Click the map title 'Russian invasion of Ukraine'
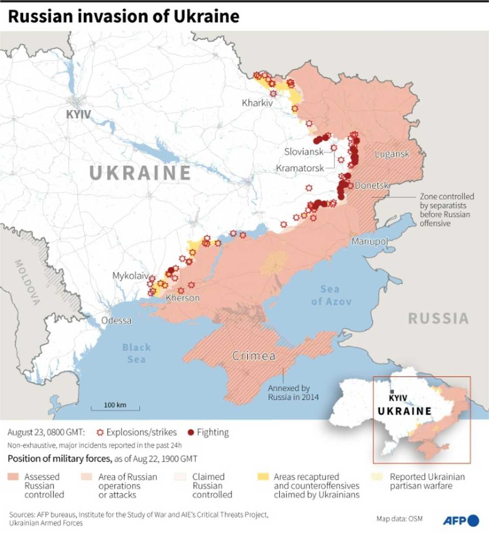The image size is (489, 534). click(x=124, y=17)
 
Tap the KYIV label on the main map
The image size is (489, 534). click(x=79, y=114)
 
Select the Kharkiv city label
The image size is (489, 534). click(x=257, y=103)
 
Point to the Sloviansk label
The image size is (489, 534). click(x=304, y=152)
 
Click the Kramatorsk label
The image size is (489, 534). click(x=300, y=168)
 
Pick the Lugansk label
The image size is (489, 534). click(x=392, y=154)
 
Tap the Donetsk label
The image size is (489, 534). click(x=372, y=185)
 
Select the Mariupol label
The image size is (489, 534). click(x=369, y=241)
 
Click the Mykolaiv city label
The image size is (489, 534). click(x=130, y=276)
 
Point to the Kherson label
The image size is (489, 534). click(x=183, y=298)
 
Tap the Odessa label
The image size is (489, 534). click(x=116, y=321)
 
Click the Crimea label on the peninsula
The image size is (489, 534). click(x=254, y=356)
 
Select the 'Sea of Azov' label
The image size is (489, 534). click(x=331, y=295)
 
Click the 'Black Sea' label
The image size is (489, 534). click(x=136, y=353)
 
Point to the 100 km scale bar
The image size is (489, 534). click(x=115, y=408)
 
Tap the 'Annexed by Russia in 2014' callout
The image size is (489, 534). click(x=293, y=393)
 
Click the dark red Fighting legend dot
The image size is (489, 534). click(x=190, y=432)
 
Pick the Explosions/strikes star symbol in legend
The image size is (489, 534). click(x=100, y=432)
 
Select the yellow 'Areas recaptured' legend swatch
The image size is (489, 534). click(x=263, y=476)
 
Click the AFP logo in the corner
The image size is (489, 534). click(x=461, y=520)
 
